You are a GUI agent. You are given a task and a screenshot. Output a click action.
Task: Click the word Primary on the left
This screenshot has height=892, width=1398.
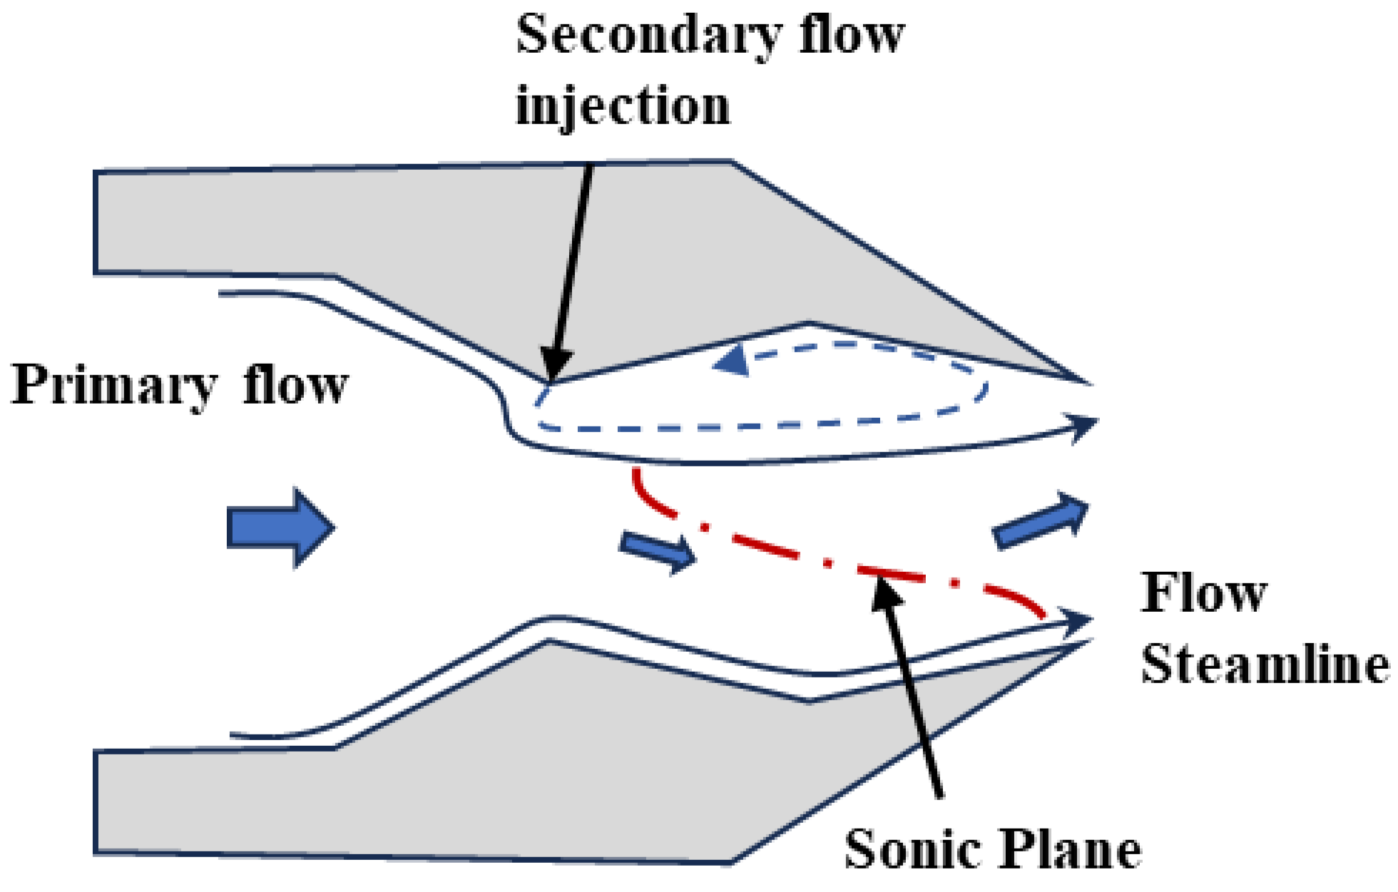tap(113, 386)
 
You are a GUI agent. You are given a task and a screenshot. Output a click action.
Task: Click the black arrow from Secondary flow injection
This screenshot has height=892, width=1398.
tap(571, 271)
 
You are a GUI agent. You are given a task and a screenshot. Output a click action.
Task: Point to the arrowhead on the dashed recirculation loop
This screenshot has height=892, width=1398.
tap(731, 361)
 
